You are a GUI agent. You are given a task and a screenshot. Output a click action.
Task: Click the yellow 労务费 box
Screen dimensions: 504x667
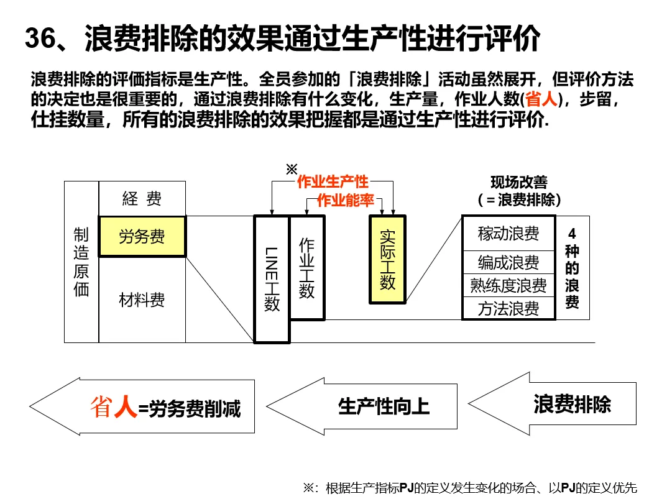tap(142, 236)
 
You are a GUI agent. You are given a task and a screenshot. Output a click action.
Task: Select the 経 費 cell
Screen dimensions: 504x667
tap(142, 198)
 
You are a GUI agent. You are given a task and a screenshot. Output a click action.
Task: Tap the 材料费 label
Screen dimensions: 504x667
tap(142, 301)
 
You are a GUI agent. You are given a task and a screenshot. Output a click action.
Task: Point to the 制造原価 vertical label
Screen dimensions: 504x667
tap(81, 262)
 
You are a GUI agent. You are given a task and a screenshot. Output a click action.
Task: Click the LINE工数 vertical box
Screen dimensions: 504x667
tap(272, 279)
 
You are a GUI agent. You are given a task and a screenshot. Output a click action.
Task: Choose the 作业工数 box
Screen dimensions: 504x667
tap(306, 268)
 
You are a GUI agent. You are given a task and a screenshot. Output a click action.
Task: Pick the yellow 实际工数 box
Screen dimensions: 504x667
tap(387, 259)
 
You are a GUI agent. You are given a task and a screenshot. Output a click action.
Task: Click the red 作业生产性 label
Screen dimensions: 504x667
tap(333, 182)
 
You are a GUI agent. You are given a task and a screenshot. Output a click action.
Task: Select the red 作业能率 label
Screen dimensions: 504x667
tap(345, 200)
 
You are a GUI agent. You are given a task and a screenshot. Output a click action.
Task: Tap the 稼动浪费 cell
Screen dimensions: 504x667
tap(508, 234)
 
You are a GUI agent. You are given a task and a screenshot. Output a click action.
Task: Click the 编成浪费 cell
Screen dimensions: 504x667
tap(508, 263)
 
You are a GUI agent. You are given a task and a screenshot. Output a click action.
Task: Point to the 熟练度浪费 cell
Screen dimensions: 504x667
tap(508, 285)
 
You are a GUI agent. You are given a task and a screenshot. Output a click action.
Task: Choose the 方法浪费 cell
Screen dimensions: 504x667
tap(508, 309)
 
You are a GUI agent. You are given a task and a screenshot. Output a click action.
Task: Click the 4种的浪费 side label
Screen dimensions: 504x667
tap(572, 268)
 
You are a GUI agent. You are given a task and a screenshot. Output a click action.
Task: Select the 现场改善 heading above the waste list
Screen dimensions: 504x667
tap(519, 183)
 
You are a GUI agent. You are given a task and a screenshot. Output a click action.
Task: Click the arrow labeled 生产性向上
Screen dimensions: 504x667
tap(373, 406)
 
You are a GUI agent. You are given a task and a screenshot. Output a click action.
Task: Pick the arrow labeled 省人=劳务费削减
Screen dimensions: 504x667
tap(162, 407)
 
